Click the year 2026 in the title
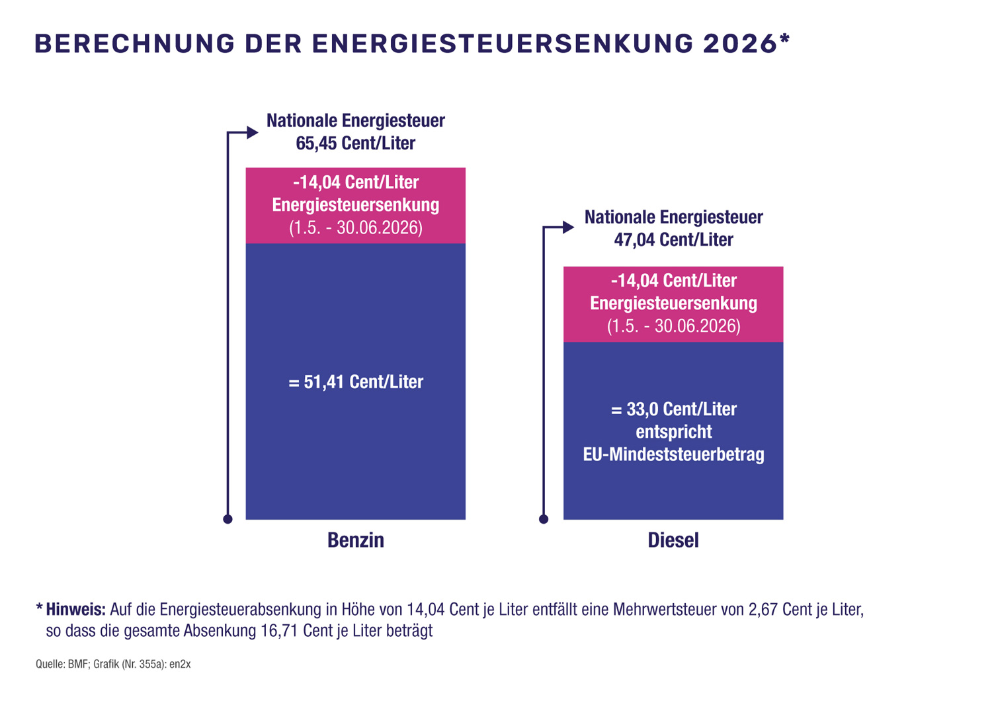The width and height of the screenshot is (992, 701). [x=739, y=44]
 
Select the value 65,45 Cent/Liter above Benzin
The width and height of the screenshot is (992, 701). [x=355, y=143]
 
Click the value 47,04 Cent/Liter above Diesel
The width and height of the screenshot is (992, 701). [x=673, y=239]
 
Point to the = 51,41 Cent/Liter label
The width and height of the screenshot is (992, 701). [x=356, y=382]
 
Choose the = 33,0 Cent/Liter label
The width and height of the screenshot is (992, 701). [x=673, y=409]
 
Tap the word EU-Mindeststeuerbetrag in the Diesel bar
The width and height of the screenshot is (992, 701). [x=673, y=455]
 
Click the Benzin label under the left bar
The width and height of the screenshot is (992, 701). [x=356, y=540]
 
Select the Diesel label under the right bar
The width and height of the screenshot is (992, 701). [x=673, y=540]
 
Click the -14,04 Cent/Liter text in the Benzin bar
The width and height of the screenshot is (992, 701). [x=356, y=183]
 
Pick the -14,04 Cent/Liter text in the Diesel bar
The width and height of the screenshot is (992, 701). [x=673, y=280]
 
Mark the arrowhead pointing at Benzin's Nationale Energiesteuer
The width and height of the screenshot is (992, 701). [x=252, y=132]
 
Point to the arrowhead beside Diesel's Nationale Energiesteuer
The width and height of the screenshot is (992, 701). [x=568, y=227]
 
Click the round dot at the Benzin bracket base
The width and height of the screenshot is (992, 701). [x=227, y=519]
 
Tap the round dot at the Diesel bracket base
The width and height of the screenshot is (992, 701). [x=544, y=519]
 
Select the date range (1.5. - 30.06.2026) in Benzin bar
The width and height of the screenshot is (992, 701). [x=356, y=228]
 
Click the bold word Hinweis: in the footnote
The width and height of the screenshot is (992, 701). [x=75, y=609]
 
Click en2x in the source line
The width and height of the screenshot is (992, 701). [x=180, y=664]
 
